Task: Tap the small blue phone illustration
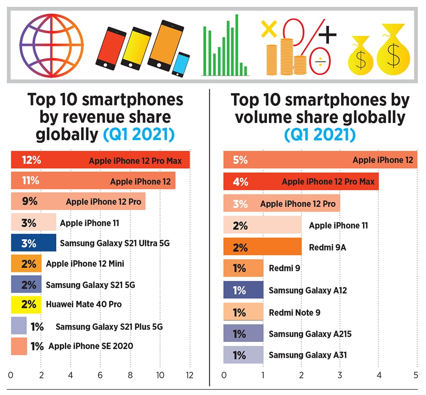[180, 64]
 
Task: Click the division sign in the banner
[319, 62]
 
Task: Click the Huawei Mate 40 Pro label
[83, 304]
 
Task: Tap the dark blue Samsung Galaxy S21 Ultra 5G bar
[33, 243]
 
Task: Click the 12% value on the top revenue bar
[31, 160]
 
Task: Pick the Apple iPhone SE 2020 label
[90, 346]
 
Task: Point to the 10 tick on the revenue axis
[160, 375]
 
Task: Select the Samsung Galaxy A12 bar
[243, 290]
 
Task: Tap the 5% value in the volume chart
[240, 160]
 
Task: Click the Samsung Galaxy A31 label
[308, 354]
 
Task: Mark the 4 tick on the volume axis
[379, 375]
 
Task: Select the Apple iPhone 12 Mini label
[85, 264]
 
